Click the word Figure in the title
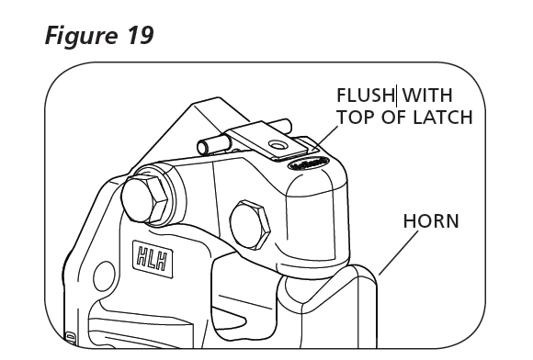tap(81, 36)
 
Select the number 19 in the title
tap(141, 35)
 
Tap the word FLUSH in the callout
tap(365, 96)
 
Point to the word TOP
tap(357, 118)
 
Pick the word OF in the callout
tap(394, 118)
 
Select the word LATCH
tap(443, 118)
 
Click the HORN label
tap(431, 221)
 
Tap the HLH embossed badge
tap(153, 259)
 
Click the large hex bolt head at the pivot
tap(144, 200)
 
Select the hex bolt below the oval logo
tap(250, 224)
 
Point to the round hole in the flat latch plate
tap(278, 146)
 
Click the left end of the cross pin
tap(202, 147)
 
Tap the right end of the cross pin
tap(288, 125)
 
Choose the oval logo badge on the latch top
tap(308, 163)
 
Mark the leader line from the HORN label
tap(399, 253)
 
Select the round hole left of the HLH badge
tap(104, 276)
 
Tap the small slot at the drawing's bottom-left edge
tap(71, 338)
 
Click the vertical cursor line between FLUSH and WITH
tap(396, 95)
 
